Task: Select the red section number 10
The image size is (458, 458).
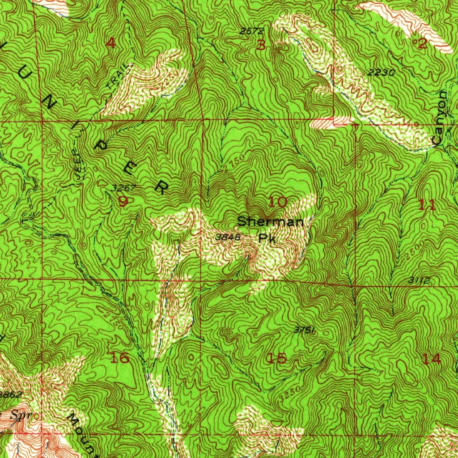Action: pos(278,202)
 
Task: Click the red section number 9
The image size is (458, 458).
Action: pos(123,202)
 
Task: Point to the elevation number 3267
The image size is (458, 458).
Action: pos(121,188)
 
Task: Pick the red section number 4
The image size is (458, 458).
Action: pos(110,43)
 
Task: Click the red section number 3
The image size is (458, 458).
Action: pos(262,45)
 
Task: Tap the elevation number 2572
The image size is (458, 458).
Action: pos(251,31)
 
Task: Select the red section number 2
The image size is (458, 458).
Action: pos(422,44)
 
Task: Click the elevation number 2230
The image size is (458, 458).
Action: pos(382,72)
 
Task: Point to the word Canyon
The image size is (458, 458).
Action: pos(441,117)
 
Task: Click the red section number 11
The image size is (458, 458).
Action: pos(427,205)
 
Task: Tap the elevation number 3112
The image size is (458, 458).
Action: pos(419,280)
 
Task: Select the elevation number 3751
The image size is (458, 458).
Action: pos(305,330)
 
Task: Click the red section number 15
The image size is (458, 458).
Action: pos(276,358)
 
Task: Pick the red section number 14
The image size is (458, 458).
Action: pos(431,359)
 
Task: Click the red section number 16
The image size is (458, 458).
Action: pos(119,358)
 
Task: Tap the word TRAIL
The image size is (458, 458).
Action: pos(121,81)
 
